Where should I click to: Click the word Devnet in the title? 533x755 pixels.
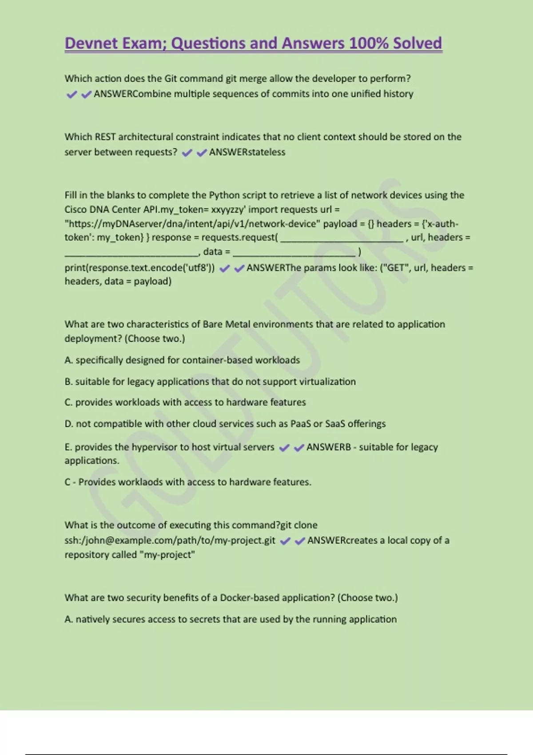[91, 44]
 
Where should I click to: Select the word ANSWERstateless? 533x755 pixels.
[247, 152]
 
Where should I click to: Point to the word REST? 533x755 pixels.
[105, 137]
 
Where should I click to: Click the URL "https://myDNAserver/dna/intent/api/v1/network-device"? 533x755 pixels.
[192, 224]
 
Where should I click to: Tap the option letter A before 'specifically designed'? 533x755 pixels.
[68, 360]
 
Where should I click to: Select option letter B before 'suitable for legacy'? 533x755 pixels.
[68, 382]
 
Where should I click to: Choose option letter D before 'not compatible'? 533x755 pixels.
[68, 424]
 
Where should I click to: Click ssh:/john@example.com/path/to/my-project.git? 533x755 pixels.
[170, 541]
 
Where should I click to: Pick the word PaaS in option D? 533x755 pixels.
[300, 424]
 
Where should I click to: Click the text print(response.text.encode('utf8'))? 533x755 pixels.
[139, 268]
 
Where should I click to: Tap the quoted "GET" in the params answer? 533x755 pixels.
[395, 268]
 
